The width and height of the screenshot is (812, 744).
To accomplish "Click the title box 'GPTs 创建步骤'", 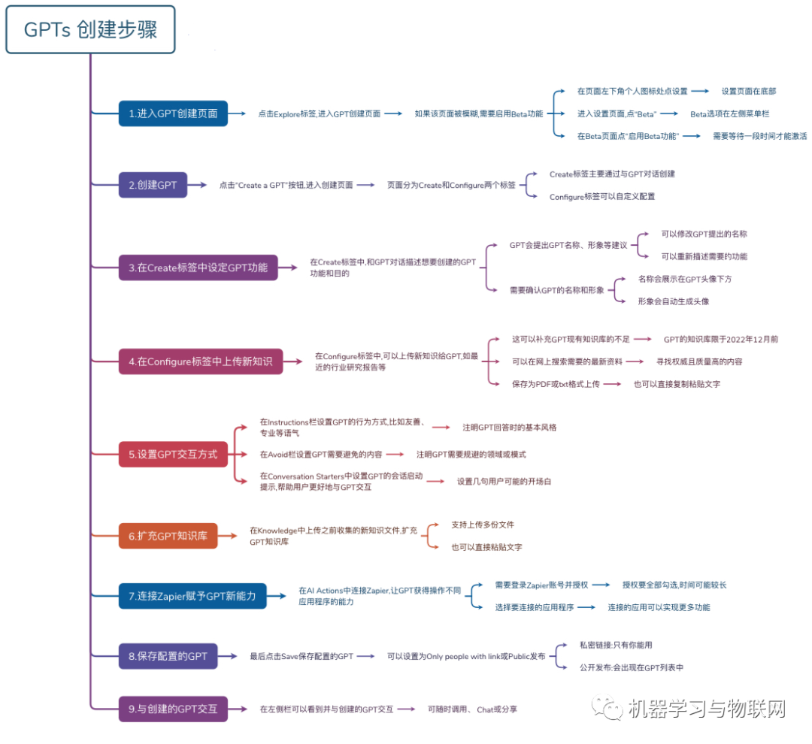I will pyautogui.click(x=90, y=30).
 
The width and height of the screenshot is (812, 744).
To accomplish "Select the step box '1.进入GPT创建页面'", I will pyautogui.click(x=173, y=113).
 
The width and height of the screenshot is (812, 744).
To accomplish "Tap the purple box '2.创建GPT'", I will pyautogui.click(x=153, y=185).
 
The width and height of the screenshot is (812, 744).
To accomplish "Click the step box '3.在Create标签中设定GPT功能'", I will pyautogui.click(x=198, y=268).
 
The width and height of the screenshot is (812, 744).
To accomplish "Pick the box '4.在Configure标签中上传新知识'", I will pyautogui.click(x=200, y=361).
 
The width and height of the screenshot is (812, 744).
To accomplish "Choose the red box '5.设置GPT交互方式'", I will pyautogui.click(x=173, y=454).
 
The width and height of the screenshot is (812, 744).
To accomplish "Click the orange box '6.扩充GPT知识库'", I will pyautogui.click(x=168, y=536).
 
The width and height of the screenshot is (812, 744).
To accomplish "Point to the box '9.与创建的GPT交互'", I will pyautogui.click(x=173, y=709).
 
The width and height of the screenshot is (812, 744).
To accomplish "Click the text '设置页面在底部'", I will pyautogui.click(x=748, y=91).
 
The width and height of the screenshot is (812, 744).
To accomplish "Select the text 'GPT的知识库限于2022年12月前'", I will pyautogui.click(x=720, y=339).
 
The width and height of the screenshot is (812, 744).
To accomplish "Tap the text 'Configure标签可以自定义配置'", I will pyautogui.click(x=602, y=196).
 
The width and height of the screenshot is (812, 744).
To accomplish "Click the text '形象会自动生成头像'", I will pyautogui.click(x=673, y=301).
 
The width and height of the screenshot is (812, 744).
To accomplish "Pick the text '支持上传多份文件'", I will pyautogui.click(x=483, y=525).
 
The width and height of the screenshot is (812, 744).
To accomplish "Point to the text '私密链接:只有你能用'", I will pyautogui.click(x=621, y=645).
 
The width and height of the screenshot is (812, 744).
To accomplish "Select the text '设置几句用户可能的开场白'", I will pyautogui.click(x=504, y=481).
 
